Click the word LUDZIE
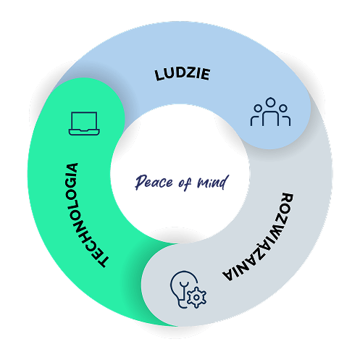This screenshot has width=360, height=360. tap(183, 74)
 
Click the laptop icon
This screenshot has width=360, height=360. tap(84, 123)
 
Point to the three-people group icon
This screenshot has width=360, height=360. tap(270, 112)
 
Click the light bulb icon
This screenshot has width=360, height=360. tap(182, 289)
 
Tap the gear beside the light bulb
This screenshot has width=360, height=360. tap(196, 298)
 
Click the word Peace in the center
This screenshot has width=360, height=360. tap(154, 182)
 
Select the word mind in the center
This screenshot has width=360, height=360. tap(213, 182)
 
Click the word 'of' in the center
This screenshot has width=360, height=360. tap(185, 183)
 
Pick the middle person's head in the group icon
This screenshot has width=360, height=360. tap(270, 102)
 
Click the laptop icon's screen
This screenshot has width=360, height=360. tap(84, 120)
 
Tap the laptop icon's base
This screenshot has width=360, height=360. tap(84, 133)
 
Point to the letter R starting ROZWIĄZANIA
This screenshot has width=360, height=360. tap(288, 198)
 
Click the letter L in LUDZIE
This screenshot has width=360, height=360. tap(159, 75)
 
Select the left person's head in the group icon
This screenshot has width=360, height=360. tap(258, 109)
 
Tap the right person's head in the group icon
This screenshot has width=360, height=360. tap(283, 109)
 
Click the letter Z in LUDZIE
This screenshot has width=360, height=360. tap(188, 73)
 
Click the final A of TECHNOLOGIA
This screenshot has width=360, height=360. tap(72, 168)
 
